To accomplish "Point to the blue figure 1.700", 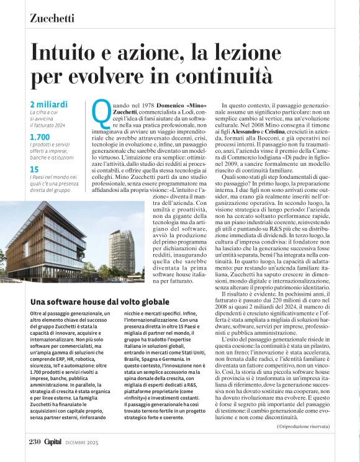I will (40, 137).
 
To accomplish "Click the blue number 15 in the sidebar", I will (35, 169).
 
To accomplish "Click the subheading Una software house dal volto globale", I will (93, 302).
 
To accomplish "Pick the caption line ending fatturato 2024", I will (53, 125).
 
